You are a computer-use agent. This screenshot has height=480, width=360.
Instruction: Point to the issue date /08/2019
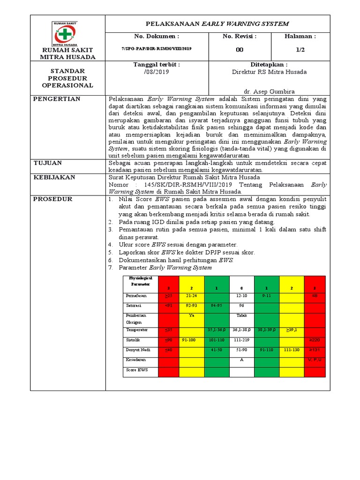[156, 72]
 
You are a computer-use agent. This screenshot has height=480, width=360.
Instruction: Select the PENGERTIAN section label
[56, 99]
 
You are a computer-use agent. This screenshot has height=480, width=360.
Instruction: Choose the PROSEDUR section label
[52, 199]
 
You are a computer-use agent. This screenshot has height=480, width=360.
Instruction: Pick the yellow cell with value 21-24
[191, 296]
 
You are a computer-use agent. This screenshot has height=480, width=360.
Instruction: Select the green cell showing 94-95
[216, 305]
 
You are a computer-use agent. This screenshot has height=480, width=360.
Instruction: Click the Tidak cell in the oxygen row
[241, 315]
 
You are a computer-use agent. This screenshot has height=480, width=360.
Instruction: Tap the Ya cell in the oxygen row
[191, 315]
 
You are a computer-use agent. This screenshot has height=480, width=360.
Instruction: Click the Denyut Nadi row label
[137, 350]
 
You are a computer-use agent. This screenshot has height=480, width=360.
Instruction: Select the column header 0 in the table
[241, 287]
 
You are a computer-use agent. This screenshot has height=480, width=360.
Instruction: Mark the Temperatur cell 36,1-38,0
[241, 330]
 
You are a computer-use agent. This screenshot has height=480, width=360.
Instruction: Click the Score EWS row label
[135, 370]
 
